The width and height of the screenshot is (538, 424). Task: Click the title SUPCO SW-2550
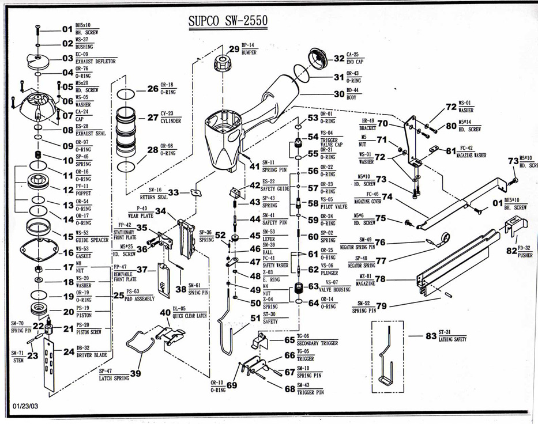(228, 21)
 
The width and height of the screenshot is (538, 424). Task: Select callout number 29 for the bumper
(234, 49)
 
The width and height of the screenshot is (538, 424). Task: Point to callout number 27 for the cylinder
(152, 118)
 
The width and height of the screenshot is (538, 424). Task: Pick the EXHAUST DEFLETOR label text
(96, 61)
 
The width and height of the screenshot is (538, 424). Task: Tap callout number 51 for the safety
(255, 317)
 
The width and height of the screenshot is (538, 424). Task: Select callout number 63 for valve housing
(313, 286)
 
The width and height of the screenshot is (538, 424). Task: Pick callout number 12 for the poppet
(68, 190)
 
